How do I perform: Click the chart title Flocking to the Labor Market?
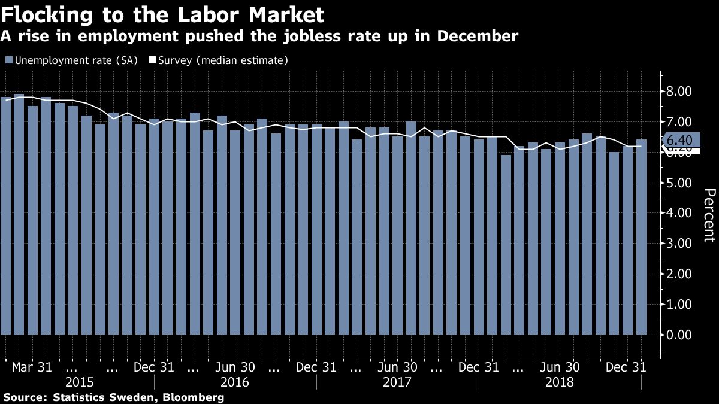162,14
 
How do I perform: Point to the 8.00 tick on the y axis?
679,92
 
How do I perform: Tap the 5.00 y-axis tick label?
679,183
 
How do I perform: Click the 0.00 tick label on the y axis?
679,335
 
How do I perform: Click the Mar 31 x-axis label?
32,367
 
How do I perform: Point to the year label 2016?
235,382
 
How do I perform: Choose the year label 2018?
560,382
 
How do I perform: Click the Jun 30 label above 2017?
398,367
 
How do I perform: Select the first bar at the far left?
5,215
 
